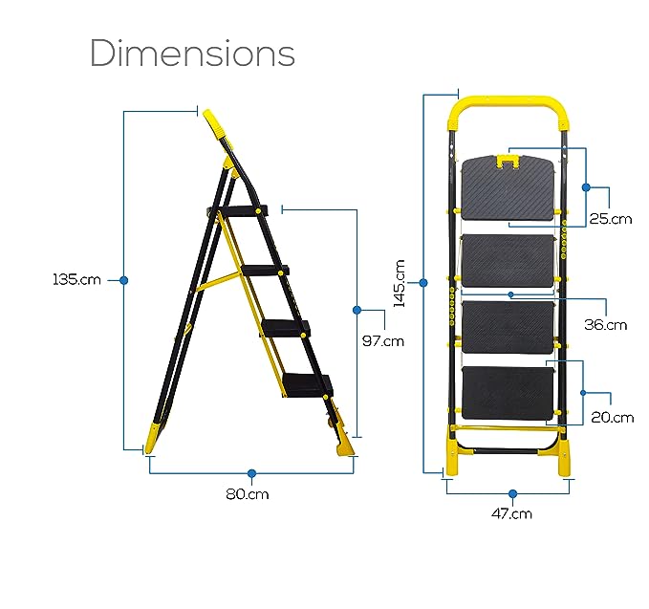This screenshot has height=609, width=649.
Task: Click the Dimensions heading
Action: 192,54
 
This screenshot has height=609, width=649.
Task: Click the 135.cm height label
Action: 76,280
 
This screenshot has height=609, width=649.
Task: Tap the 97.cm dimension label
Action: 382,340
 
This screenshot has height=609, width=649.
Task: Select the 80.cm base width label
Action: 248,494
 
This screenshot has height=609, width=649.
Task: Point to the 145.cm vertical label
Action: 400,283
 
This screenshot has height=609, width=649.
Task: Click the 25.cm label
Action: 610,218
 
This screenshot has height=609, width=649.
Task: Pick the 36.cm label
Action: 605,324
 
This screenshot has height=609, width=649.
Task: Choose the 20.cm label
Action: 611,417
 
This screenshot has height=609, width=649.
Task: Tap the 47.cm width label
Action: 512,513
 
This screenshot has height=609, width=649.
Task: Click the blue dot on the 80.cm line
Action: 251,473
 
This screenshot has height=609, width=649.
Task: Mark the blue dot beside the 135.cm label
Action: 123,280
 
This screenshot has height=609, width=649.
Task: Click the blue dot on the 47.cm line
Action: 512,493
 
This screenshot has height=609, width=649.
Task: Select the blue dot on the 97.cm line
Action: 357,310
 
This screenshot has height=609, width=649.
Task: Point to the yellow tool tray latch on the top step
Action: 507,165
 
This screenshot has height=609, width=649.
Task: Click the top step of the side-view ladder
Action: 241,210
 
